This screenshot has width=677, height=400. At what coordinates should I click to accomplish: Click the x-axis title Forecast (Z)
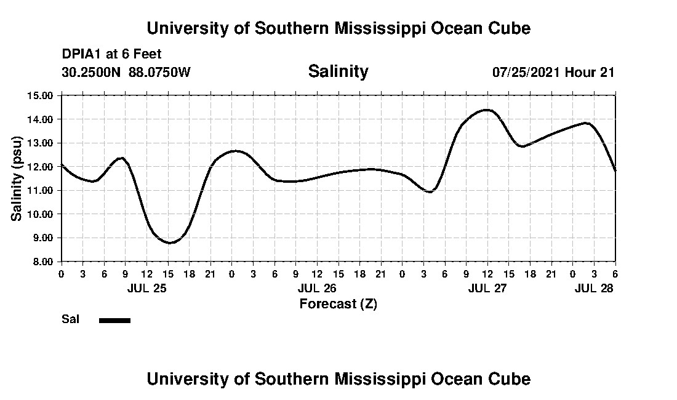338,304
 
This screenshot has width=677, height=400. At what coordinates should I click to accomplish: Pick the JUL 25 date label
146,288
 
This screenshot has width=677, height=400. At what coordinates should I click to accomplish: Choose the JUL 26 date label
317,288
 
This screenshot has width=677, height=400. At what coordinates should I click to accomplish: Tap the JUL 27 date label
487,288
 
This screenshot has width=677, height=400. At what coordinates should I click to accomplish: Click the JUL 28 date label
593,288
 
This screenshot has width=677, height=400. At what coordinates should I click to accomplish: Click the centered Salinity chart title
338,71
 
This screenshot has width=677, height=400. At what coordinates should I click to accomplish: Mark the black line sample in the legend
114,320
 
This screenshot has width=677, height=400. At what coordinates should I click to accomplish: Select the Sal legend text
70,319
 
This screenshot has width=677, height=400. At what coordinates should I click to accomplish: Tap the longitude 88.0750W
159,72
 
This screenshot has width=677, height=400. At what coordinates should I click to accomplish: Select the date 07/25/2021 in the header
526,72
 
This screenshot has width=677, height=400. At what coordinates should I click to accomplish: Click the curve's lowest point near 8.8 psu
170,242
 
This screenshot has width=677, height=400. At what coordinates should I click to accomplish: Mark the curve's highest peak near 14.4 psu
487,110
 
